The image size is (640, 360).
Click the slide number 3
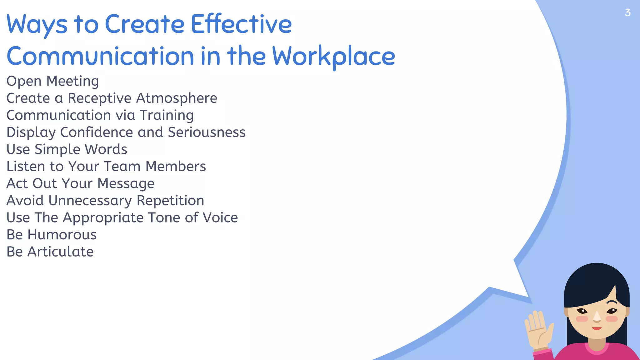627,12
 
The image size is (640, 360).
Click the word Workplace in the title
333,56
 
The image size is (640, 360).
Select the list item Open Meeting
52,81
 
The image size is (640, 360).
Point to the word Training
167,115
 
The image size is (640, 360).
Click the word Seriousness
207,132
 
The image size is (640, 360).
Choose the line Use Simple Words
67,149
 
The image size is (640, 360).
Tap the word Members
176,166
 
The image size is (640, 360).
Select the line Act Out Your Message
80,183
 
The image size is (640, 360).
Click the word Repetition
170,201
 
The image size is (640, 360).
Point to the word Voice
220,217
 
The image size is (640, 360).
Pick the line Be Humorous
52,235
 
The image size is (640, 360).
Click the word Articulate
61,252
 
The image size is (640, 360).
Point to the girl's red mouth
597,328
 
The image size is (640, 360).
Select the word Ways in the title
37,24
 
